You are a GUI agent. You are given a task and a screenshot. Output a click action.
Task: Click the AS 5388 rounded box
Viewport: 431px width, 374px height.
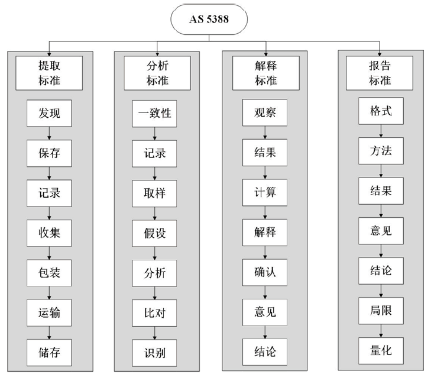point(209,20)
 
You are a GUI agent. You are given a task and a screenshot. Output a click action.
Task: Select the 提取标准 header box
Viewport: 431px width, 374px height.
point(49,73)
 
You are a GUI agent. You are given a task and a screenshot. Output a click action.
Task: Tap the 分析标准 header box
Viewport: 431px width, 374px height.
point(157,73)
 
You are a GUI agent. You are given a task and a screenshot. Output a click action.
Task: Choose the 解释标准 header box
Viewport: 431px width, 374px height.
point(266,73)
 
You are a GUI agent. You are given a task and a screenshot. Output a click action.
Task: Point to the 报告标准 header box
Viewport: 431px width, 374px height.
point(380,73)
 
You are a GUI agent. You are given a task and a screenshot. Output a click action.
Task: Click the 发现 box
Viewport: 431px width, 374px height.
point(49,114)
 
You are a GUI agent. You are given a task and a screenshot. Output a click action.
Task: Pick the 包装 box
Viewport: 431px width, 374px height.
point(49,273)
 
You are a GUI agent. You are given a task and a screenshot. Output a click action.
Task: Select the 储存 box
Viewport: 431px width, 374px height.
point(49,353)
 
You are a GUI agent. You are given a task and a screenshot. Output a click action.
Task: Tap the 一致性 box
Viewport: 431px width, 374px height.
point(154,114)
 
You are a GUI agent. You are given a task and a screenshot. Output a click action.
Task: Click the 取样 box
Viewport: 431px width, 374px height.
point(154,194)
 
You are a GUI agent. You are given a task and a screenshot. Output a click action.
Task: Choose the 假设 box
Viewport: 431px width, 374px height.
point(154,233)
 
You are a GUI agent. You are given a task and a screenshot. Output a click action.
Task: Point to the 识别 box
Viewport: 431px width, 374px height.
point(154,353)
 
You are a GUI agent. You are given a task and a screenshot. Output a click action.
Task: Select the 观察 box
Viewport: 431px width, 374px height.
point(265,112)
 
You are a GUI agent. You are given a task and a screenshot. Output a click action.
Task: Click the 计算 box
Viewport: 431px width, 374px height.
point(265,192)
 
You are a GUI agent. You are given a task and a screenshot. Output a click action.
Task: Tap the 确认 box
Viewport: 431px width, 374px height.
point(265,272)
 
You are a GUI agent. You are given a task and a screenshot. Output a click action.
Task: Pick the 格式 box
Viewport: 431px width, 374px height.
point(381,111)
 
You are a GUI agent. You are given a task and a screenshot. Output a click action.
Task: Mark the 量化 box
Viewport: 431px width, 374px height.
point(381,350)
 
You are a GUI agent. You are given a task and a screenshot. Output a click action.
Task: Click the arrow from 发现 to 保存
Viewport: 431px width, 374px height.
point(49,134)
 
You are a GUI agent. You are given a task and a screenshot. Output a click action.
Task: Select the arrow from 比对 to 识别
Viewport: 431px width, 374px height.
point(154,333)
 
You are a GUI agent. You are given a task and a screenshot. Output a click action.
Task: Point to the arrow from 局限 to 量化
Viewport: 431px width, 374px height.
point(381,331)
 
